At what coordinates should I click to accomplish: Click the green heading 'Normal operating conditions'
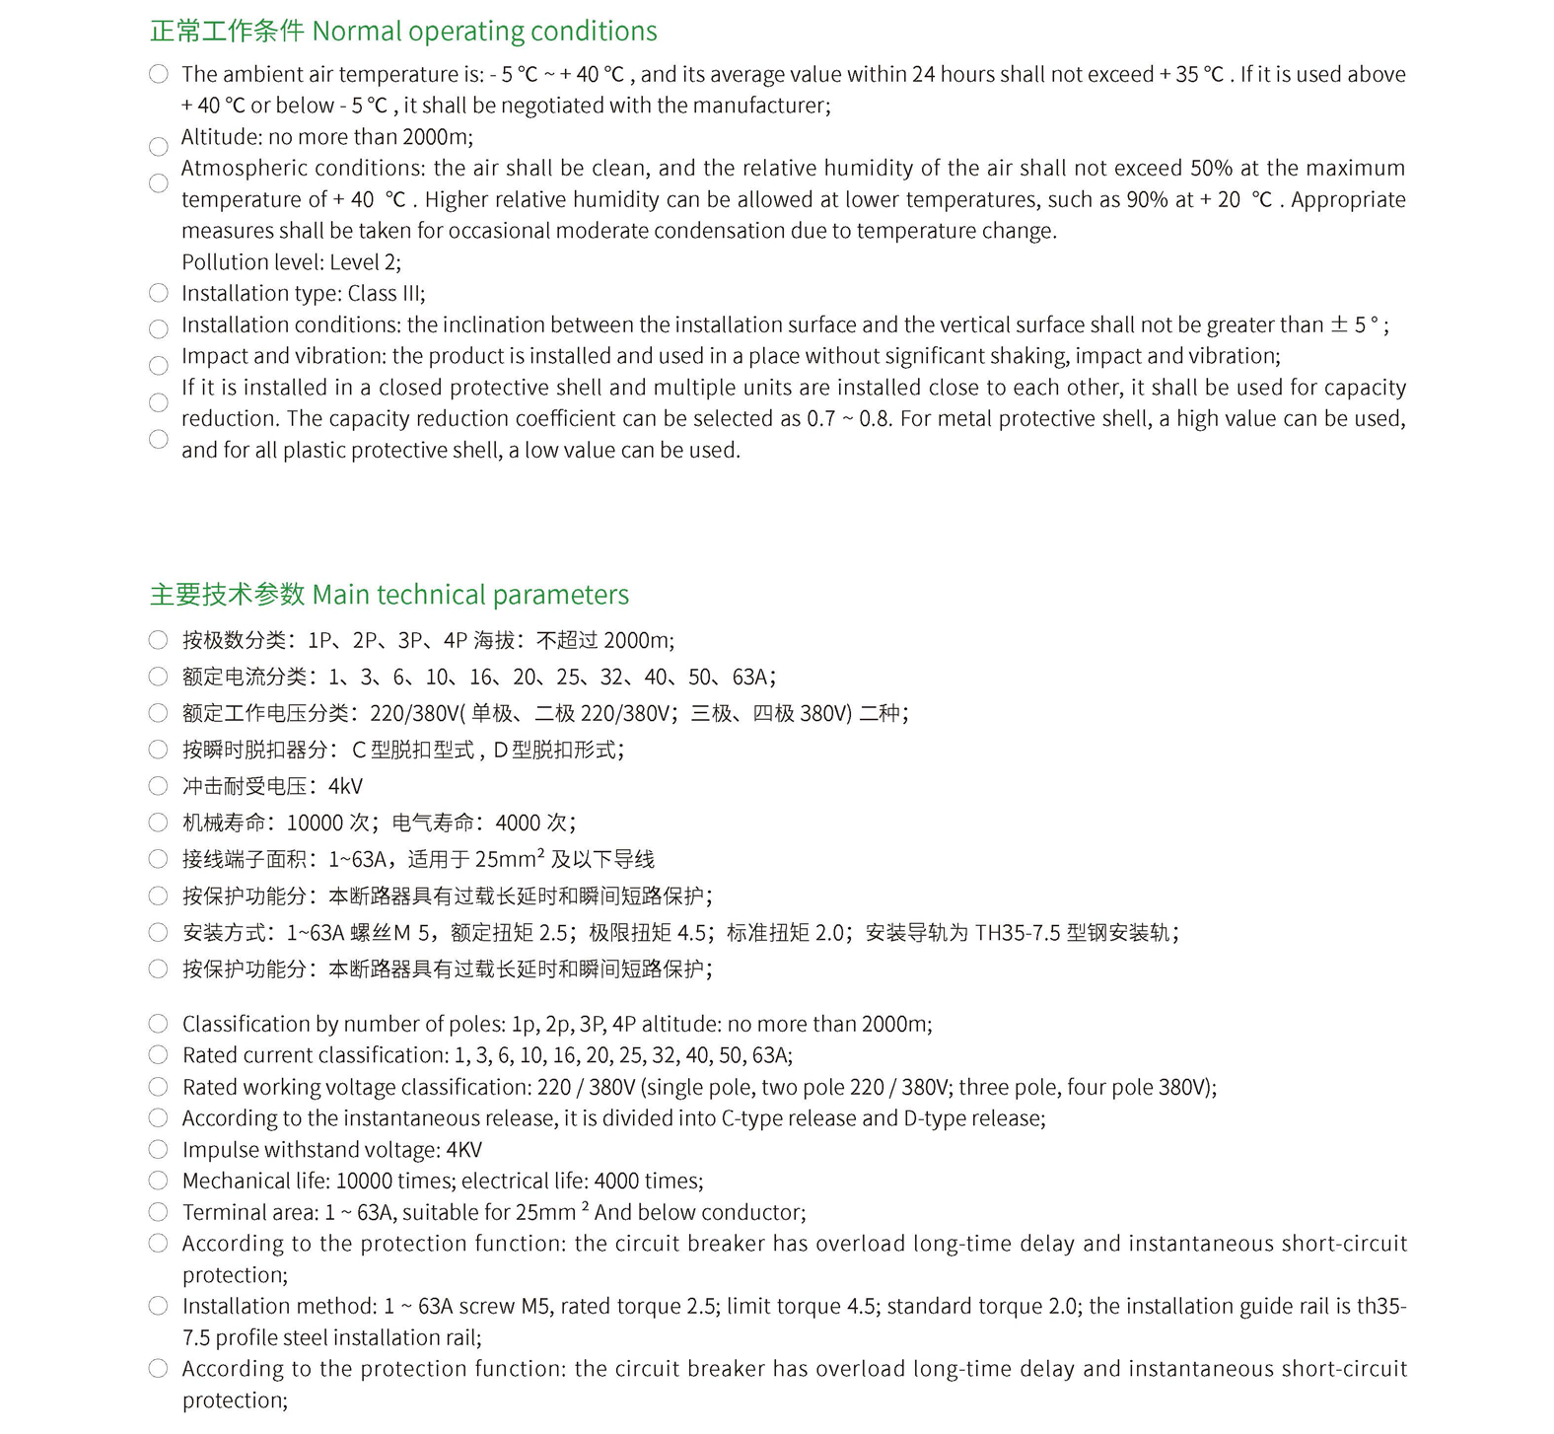click(x=484, y=32)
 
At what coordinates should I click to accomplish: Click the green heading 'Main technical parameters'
click(x=470, y=595)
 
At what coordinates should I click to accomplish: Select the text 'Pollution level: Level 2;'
click(x=291, y=262)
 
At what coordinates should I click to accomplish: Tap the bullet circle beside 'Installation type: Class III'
click(x=159, y=293)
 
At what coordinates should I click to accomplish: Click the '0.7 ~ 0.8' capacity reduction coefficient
click(x=849, y=419)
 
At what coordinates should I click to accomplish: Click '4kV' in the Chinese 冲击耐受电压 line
click(x=345, y=786)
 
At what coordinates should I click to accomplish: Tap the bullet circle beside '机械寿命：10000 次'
click(x=158, y=823)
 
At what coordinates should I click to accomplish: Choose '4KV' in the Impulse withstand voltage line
click(x=463, y=1150)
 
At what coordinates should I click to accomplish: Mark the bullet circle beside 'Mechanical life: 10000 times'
click(x=158, y=1181)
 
